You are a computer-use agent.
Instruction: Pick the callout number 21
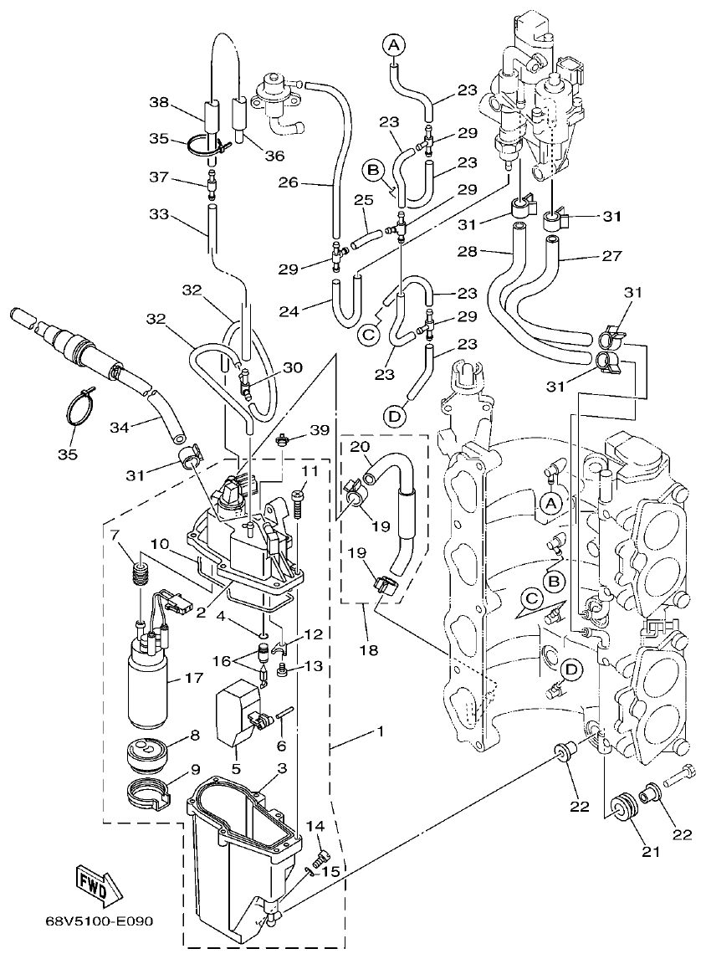click(x=651, y=852)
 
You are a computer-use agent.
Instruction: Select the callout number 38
click(x=159, y=102)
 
